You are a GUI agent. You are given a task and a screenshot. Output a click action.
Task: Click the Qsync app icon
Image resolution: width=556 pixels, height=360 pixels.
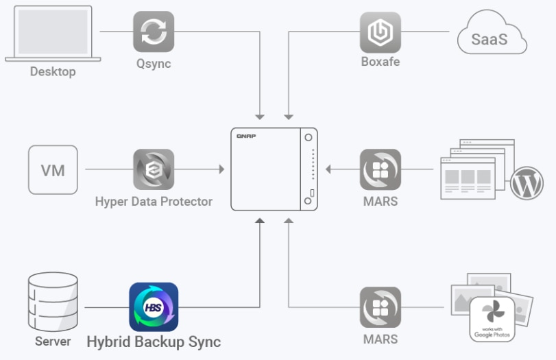pos(154,32)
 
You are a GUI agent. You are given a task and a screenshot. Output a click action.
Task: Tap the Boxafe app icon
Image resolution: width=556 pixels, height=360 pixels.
pos(380,32)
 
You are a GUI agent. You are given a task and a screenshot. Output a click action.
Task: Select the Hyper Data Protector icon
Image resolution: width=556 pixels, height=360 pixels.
pos(154,169)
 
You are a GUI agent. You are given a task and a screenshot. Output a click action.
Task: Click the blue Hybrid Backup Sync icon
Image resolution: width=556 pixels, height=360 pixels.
pos(154,307)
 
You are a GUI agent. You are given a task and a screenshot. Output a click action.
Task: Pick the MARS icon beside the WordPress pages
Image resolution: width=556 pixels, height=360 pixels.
pos(380,169)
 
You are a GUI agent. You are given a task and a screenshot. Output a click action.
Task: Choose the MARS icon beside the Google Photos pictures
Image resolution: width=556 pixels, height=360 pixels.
pos(380,307)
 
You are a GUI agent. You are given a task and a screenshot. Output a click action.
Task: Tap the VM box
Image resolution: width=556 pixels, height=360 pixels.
pos(53,169)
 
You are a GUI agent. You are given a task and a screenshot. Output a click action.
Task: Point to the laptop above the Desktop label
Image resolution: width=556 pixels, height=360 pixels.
pos(53,32)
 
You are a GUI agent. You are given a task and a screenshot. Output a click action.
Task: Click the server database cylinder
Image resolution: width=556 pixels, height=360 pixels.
pos(53,302)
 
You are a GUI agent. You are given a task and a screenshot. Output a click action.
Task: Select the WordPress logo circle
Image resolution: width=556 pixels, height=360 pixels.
pos(527,183)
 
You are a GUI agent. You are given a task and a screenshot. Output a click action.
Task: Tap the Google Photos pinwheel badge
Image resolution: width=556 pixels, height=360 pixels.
pos(492,318)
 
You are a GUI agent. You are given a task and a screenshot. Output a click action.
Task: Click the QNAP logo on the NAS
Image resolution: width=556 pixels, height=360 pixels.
pos(247,136)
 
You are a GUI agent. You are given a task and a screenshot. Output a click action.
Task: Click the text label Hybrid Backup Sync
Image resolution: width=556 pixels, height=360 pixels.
pos(154,341)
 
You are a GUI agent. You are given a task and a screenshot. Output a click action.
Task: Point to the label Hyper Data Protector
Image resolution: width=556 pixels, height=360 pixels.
pos(154,202)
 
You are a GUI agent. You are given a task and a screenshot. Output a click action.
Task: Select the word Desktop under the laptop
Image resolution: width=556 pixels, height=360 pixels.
pos(53,71)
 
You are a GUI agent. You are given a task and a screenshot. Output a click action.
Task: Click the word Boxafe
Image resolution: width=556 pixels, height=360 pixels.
pos(380,62)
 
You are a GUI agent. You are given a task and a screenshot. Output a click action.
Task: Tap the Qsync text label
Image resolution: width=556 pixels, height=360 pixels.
pos(154,64)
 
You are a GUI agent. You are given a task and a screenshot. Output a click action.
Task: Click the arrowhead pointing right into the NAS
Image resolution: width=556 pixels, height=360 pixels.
pos(221,169)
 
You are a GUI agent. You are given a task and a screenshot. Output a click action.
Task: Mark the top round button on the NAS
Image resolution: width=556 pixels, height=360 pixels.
pos(309,137)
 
